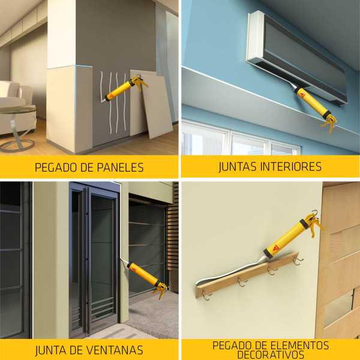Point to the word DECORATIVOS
tap(270, 355)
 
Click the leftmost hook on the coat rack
tap(206, 295)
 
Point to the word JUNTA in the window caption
tap(50, 350)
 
